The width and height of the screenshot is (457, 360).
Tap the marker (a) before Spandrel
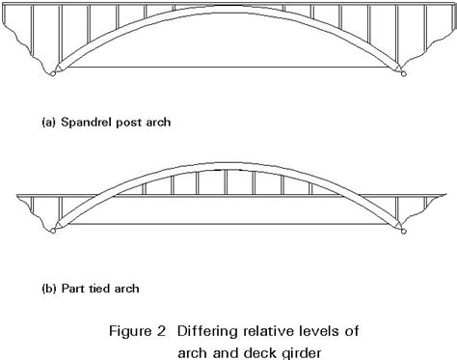[48, 123]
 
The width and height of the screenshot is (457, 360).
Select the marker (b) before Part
[48, 289]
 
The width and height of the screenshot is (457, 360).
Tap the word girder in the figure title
[302, 353]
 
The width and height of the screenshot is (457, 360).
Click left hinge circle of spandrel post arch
[53, 73]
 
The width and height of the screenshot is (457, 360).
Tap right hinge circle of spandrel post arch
[404, 74]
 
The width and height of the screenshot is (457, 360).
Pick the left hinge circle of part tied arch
[53, 231]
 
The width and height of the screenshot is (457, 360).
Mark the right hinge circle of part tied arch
[404, 231]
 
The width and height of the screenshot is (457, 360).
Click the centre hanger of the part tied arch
[226, 182]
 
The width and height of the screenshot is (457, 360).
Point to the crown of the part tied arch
[228, 166]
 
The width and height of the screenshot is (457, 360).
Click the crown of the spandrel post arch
[228, 9]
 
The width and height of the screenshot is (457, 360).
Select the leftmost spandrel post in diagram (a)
[32, 31]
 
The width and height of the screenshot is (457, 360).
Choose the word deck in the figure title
[260, 352]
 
